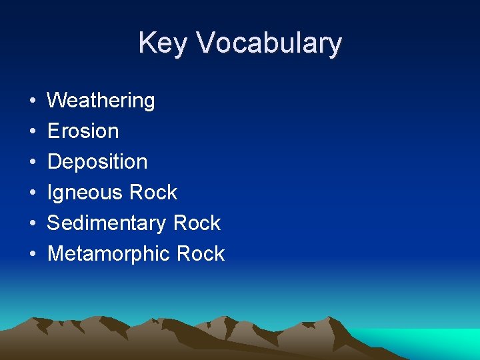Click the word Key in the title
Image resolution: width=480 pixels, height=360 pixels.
coord(163,44)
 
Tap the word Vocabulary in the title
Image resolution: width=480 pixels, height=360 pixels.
coord(269,44)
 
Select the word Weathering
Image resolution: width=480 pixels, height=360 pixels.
coord(101,101)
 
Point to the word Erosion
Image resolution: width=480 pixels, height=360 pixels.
coord(83,131)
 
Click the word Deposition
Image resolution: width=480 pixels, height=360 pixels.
coord(97,162)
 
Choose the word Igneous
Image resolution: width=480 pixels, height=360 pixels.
coord(84,193)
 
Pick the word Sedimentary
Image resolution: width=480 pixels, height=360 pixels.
coord(107,223)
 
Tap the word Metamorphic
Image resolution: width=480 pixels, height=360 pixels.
coord(109,254)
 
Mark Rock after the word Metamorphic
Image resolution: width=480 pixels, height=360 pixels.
coord(201,254)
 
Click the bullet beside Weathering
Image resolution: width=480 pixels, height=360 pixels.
coord(33,101)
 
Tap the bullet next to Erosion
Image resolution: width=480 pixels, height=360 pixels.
coord(33,132)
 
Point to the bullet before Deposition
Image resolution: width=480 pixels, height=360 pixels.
coord(33,163)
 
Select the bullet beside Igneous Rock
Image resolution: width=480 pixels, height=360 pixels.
coord(33,193)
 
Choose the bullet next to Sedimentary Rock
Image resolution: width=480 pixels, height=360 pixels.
coord(33,224)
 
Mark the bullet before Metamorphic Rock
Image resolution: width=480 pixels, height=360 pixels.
coord(33,255)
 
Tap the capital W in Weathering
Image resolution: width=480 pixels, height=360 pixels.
coord(57,101)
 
